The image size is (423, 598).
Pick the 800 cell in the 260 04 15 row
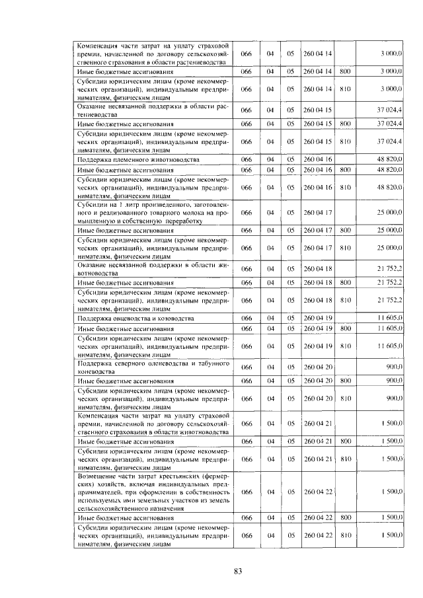coord(344,124)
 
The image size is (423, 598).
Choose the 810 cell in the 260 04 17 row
coord(344,247)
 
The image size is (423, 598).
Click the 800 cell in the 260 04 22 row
coord(344,519)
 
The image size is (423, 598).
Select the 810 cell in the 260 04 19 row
coord(344,346)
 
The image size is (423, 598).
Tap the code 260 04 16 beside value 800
coord(319,170)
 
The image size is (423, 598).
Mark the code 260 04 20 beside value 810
coord(319,398)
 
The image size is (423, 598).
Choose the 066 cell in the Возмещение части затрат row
coord(247,492)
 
